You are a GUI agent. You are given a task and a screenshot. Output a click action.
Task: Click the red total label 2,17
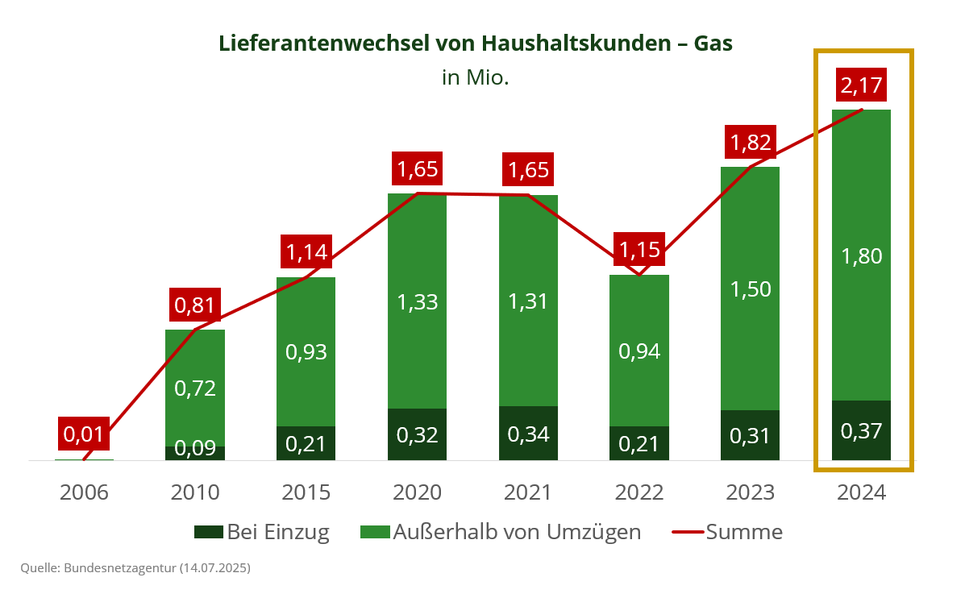coord(862,85)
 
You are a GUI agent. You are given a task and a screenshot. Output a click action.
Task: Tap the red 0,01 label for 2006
coord(84,434)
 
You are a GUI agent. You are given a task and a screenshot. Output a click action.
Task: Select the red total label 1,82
coord(751,143)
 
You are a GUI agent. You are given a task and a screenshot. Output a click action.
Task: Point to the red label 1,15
coord(640,249)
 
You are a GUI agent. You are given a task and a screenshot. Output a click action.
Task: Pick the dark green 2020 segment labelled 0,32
coord(417,434)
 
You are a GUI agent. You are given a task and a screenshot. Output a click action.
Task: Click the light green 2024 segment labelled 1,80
coord(861,256)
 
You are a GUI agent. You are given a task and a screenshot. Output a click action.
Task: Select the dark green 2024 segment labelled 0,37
coord(861,431)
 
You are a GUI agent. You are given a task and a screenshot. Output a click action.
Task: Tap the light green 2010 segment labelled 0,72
coord(194,388)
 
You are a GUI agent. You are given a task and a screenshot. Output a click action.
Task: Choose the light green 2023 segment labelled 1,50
coord(750,289)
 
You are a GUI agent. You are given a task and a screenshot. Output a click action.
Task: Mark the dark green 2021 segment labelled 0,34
coord(528,434)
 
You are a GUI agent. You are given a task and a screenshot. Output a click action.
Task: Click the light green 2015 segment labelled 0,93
coord(306,352)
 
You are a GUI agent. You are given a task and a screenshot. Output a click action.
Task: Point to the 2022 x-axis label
coord(639,492)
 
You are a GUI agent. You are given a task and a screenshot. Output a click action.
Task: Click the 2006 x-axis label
coord(84,492)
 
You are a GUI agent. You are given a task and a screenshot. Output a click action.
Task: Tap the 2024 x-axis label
coord(861,492)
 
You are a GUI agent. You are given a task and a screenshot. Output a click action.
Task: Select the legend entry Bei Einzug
coord(263,532)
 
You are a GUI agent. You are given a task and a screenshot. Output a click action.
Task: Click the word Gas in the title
coord(713,44)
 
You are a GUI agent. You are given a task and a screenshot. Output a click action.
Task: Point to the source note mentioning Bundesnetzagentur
coord(135,568)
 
